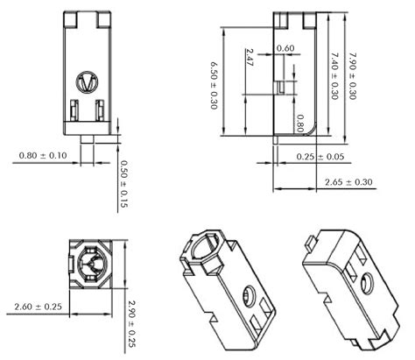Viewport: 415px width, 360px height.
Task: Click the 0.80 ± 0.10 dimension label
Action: pos(42,156)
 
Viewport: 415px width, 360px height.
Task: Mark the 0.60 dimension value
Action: pos(285,48)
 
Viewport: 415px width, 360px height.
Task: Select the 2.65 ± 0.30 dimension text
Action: pos(348,182)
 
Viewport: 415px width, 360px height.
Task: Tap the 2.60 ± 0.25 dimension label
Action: pos(38,306)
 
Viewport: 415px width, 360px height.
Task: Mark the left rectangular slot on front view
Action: pos(74,111)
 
